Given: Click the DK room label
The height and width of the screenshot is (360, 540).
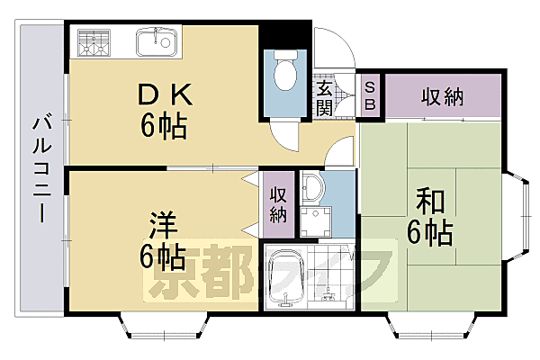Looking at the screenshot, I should click(163, 93).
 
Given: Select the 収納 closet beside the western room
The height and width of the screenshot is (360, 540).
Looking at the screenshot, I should click(277, 204).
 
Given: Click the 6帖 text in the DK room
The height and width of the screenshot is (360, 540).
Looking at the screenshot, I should click(163, 126).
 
